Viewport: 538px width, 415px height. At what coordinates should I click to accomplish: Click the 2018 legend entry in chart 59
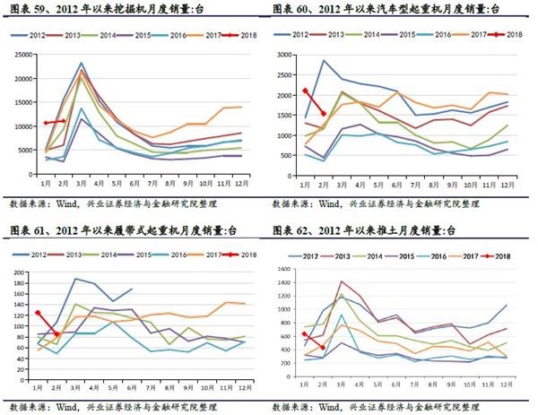[242, 33]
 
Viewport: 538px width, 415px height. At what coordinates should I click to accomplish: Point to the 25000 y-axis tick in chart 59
[24, 53]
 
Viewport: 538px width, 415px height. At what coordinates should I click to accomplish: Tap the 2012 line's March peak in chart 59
[81, 64]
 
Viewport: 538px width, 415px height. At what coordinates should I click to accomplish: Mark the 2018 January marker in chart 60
[305, 91]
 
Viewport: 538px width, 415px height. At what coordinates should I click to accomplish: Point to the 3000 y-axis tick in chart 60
[289, 54]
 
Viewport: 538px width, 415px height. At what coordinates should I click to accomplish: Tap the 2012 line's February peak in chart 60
[323, 61]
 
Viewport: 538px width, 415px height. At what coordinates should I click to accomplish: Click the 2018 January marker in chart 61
[38, 313]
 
